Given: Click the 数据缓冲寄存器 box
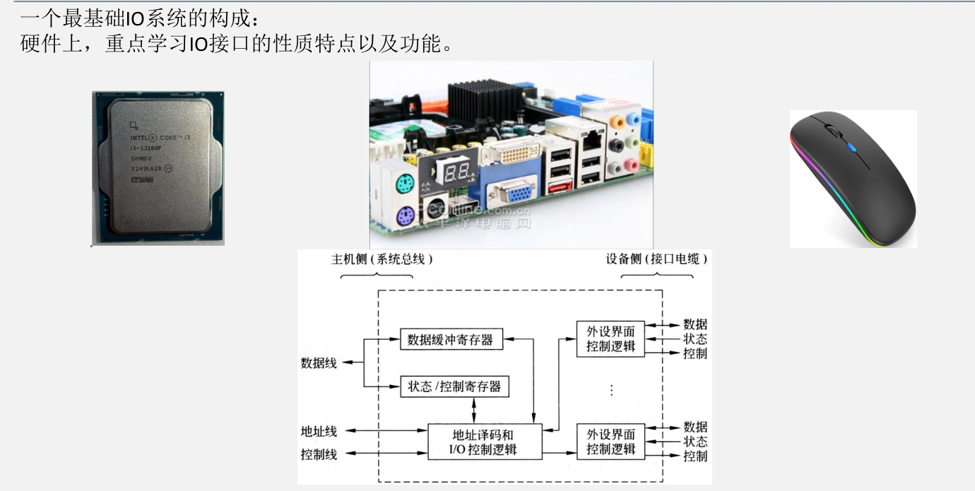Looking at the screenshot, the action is tap(450, 340).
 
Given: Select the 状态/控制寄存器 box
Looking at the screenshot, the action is tap(454, 386).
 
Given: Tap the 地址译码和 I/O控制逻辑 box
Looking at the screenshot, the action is tap(485, 442).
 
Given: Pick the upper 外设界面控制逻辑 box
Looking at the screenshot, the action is tap(610, 339).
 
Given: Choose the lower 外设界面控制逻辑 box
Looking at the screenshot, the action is tap(610, 442).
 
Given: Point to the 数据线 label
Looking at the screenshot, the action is tap(319, 363).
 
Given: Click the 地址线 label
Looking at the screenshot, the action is tap(319, 431).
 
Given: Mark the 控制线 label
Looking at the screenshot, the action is tap(319, 454).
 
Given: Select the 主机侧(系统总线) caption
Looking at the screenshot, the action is tap(382, 259).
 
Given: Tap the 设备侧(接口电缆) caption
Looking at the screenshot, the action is tap(656, 259).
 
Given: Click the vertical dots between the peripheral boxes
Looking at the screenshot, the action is tap(611, 390).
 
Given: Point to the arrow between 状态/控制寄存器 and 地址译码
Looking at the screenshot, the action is tap(473, 410).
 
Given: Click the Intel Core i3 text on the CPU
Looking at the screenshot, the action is tap(162, 138).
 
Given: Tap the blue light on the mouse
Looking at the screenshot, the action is tap(852, 148).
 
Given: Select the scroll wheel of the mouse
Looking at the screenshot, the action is tap(832, 132).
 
